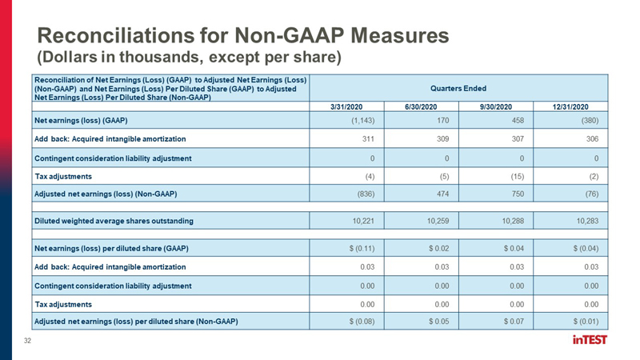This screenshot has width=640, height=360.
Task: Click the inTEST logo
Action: pyautogui.click(x=590, y=339)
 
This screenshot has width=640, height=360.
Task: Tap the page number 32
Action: pyautogui.click(x=27, y=341)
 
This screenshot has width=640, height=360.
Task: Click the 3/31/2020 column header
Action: pyautogui.click(x=346, y=107)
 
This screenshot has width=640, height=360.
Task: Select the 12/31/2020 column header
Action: pyautogui.click(x=570, y=107)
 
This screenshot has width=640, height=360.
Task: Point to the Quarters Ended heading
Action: pyautogui.click(x=458, y=88)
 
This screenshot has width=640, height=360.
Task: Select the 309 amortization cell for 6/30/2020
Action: pyautogui.click(x=442, y=138)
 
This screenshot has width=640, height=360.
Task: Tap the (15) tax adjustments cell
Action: pyautogui.click(x=517, y=176)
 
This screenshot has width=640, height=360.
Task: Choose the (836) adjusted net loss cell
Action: pyautogui.click(x=366, y=194)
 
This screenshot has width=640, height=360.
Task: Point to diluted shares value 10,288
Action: pyautogui.click(x=513, y=221)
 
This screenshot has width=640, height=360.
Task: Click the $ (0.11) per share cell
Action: pyautogui.click(x=362, y=248)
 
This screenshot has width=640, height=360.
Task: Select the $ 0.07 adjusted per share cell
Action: pyautogui.click(x=514, y=322)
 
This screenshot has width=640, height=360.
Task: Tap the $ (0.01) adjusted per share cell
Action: pyautogui.click(x=586, y=322)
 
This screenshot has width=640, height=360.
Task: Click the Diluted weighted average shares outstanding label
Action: pyautogui.click(x=114, y=221)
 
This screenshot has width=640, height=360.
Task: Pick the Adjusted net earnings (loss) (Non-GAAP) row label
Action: pyautogui.click(x=106, y=194)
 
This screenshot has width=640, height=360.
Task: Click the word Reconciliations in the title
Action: pyautogui.click(x=115, y=35)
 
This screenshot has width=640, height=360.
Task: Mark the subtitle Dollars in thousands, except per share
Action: pyautogui.click(x=190, y=57)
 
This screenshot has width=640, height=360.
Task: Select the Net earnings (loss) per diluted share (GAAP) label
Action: pyautogui.click(x=111, y=248)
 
